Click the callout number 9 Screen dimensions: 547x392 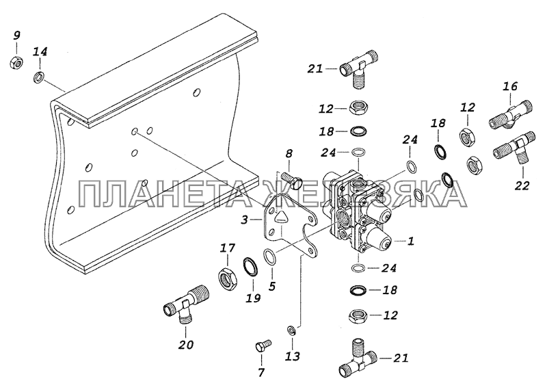click(16, 36)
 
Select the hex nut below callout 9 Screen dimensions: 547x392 click(16, 63)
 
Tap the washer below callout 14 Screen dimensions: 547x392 click(38, 77)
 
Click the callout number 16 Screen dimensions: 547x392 click(510, 86)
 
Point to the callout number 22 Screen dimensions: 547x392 click(522, 185)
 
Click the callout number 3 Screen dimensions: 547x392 click(245, 220)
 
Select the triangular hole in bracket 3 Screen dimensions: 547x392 click(280, 218)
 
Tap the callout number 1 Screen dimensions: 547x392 click(411, 241)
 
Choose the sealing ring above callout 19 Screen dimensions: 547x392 click(251, 267)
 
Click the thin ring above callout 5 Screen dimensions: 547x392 click(269, 257)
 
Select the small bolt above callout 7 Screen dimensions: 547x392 click(263, 346)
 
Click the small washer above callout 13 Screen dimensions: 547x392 click(292, 330)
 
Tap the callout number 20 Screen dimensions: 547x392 click(185, 345)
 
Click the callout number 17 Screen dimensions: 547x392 click(228, 248)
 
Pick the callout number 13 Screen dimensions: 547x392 click(293, 356)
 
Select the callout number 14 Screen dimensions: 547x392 click(40, 52)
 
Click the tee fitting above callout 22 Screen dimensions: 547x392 click(514, 148)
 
